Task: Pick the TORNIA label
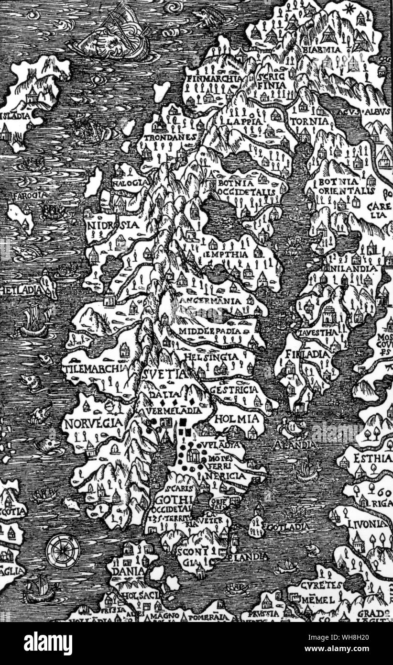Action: [312, 122]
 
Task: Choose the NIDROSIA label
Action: [112, 225]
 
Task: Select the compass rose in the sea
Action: [63, 551]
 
